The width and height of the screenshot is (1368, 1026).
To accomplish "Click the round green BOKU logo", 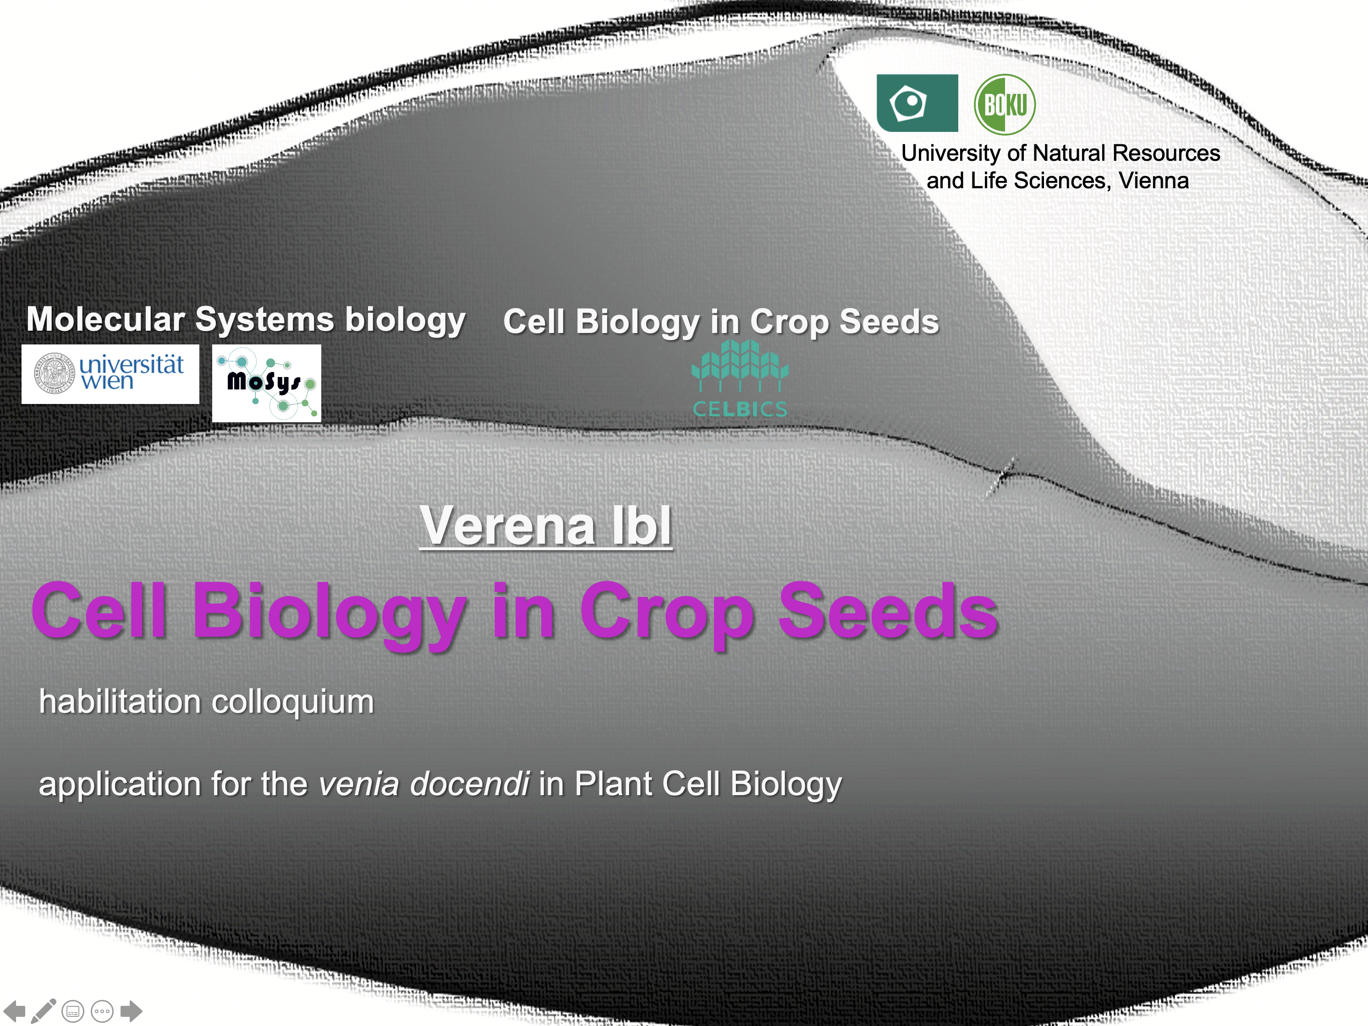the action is coord(1005,104).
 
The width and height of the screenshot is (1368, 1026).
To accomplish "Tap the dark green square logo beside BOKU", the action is coord(917,103).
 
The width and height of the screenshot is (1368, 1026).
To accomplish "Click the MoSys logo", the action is coord(267,383).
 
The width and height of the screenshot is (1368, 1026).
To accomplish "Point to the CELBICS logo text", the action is coord(740,409).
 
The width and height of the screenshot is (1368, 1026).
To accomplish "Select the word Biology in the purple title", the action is coord(329,615).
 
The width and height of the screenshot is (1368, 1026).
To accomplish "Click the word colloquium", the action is coord(293,703).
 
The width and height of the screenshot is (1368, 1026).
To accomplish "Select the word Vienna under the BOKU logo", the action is coord(1154,180).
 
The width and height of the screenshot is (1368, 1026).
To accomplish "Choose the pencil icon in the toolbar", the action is coord(43,1010).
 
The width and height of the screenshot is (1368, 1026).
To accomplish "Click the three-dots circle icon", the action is coord(102,1012).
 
